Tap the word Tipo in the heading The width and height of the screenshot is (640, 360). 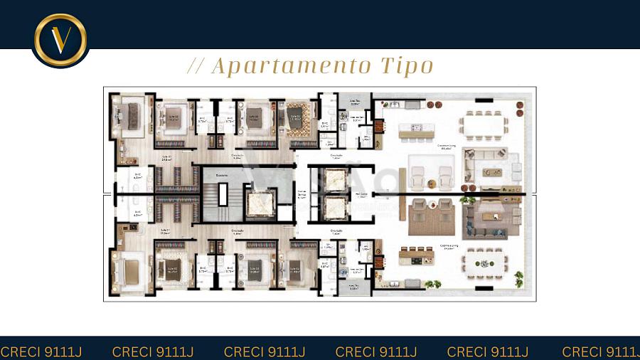point(407,66)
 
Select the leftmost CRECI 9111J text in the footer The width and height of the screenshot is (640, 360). point(36,351)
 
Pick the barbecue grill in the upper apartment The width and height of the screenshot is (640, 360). point(379,128)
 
